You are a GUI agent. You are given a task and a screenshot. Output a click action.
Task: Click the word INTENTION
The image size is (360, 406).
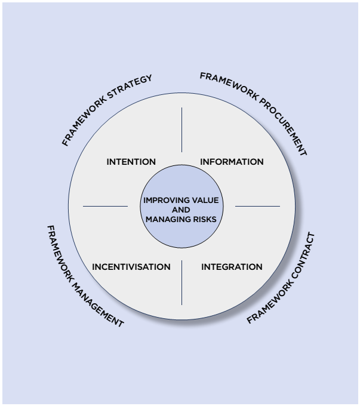coord(131,162)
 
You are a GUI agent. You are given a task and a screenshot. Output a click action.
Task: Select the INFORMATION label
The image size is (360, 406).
coord(232,162)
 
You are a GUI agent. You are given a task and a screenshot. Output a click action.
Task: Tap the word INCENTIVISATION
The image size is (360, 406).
coord(131,267)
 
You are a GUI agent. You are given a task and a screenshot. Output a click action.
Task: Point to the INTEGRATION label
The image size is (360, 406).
coord(232,267)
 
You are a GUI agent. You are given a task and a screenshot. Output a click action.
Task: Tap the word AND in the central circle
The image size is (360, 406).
coord(181,210)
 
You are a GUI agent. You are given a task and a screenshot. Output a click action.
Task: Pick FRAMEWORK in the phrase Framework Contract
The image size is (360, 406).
coord(266,301)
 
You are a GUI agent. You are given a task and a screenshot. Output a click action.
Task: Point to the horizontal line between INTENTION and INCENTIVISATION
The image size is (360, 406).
coord(105,207)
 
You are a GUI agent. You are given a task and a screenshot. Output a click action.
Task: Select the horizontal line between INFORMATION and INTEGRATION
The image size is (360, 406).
coord(257,207)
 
